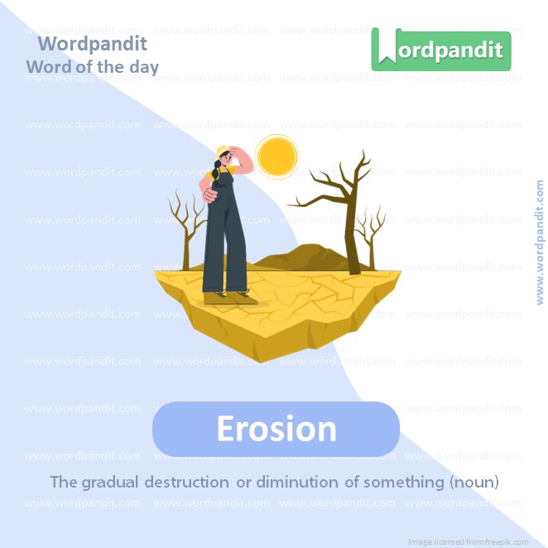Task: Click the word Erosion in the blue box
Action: click(x=276, y=429)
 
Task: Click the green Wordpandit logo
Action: click(x=440, y=50)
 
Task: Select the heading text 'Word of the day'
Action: click(x=92, y=66)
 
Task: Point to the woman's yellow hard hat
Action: click(x=222, y=151)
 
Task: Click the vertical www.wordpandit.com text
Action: click(x=540, y=243)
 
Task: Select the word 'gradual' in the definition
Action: click(x=112, y=481)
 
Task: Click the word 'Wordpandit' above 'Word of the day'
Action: click(x=93, y=43)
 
